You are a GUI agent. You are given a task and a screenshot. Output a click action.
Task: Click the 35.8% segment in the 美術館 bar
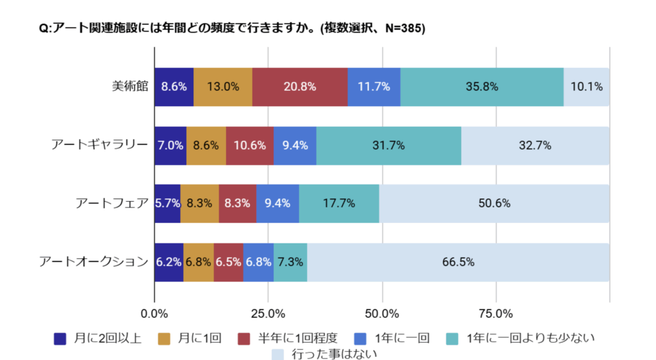[482, 86]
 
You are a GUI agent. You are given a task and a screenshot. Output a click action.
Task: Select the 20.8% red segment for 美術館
[300, 86]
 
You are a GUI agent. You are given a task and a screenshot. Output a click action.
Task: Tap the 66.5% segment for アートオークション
[458, 262]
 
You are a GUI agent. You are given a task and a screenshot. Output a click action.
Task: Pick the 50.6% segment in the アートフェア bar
[493, 204]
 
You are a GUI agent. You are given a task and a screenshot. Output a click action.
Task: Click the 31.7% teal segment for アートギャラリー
[388, 145]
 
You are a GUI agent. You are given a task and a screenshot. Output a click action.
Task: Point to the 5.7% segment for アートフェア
[167, 204]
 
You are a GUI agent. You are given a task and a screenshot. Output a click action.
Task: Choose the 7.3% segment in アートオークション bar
[290, 262]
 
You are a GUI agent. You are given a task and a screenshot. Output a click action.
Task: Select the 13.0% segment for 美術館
[223, 86]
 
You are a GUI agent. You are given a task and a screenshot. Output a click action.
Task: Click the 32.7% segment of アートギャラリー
[535, 145]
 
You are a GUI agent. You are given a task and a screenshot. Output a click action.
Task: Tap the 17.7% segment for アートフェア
[339, 204]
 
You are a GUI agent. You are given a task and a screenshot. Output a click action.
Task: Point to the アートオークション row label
[93, 262]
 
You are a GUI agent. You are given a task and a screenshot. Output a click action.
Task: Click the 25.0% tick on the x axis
[268, 314]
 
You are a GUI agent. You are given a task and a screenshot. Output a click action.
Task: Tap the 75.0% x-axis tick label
[496, 314]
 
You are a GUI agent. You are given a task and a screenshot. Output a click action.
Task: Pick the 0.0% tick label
[154, 314]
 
